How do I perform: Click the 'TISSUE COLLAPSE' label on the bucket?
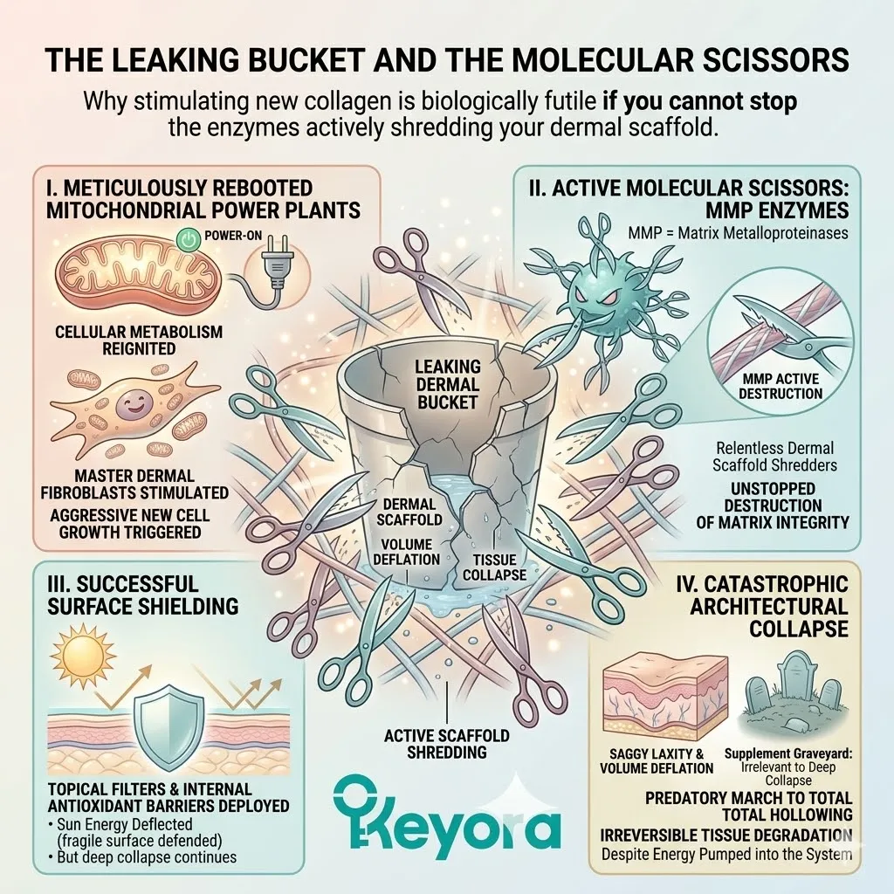494,567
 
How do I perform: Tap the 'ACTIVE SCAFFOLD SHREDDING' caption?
446,744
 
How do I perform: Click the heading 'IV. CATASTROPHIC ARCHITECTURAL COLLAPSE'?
767,605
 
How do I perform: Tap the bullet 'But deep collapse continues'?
140,856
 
